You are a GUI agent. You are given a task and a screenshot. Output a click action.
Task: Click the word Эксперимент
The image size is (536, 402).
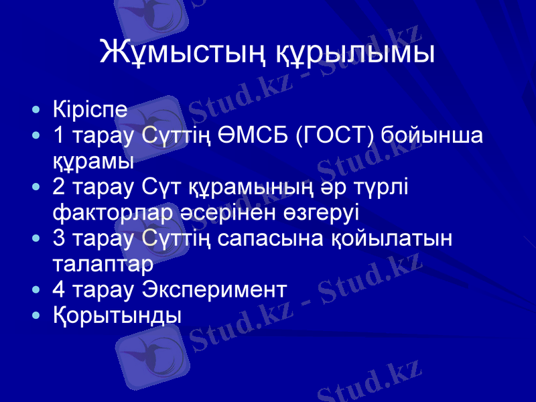pyautogui.click(x=215, y=289)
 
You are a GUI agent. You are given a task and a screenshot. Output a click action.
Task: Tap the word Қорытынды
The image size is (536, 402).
pyautogui.click(x=117, y=315)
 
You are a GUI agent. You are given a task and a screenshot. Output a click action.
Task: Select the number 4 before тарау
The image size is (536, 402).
pyautogui.click(x=60, y=289)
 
